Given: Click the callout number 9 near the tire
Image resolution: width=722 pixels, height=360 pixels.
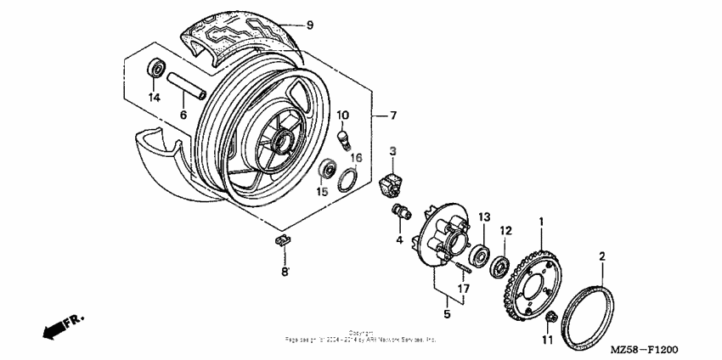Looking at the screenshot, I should tap(310, 25).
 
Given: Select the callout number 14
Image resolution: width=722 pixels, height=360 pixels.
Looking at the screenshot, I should tap(154, 98).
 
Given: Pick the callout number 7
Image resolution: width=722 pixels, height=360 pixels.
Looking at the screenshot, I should tap(392, 115).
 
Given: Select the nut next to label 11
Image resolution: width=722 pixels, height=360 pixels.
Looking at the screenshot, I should tap(551, 318).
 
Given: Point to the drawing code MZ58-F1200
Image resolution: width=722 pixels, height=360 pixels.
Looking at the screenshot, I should tap(642, 348).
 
